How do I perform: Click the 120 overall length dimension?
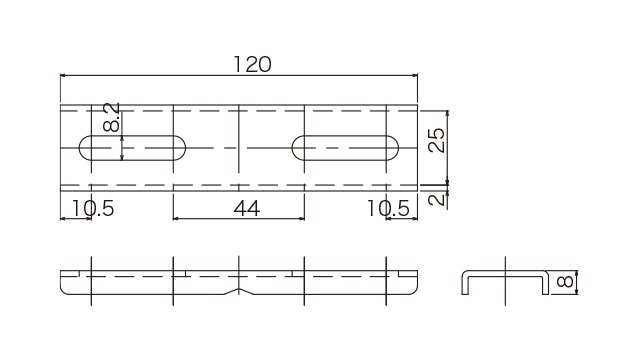point(252,64)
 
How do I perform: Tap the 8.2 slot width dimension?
point(111,118)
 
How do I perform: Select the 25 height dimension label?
point(436,140)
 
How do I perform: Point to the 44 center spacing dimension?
point(247,209)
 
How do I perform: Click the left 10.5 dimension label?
point(93,209)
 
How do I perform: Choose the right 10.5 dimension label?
point(388,209)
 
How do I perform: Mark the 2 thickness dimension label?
point(437,199)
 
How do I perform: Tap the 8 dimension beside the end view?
point(565,282)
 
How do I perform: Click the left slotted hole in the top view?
point(132,148)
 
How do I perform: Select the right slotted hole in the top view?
point(345,148)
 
